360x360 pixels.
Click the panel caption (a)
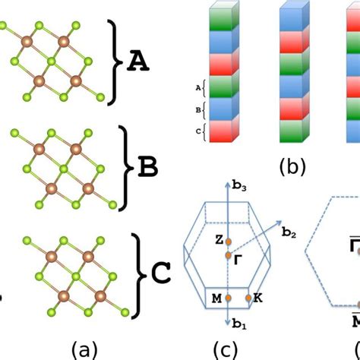[84, 349]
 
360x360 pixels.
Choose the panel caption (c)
[227, 349]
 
